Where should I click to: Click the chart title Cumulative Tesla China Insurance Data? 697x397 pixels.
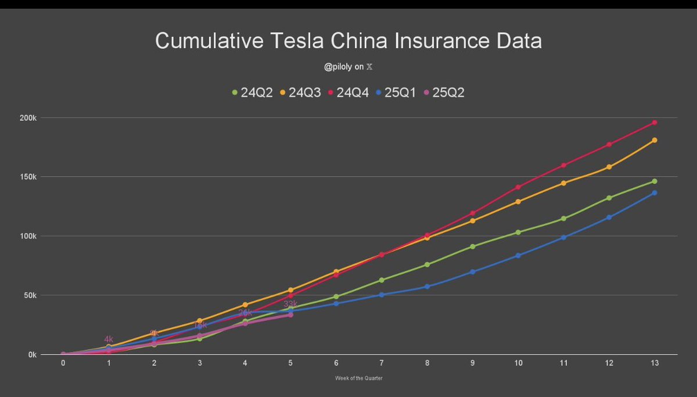click(348, 41)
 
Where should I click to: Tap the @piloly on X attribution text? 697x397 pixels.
click(348, 67)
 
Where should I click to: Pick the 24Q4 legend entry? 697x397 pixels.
click(348, 92)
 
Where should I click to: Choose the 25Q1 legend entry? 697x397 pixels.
click(396, 92)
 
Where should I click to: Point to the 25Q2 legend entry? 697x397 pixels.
click(443, 92)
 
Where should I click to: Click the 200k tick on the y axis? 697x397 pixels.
click(28, 118)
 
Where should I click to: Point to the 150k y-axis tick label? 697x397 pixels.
click(28, 177)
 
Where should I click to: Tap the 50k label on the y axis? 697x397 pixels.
click(29, 295)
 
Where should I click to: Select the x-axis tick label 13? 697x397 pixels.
click(654, 363)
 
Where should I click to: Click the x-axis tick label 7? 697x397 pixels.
click(382, 363)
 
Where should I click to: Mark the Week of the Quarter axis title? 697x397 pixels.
click(358, 378)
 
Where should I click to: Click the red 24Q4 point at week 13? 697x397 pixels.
click(655, 123)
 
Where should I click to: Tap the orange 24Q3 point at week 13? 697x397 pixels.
click(655, 140)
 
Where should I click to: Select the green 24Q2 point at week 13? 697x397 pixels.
click(655, 181)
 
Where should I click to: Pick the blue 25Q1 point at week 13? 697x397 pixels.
click(655, 192)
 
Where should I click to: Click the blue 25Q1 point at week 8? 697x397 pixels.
click(427, 287)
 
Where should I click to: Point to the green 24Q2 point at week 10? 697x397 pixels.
click(518, 233)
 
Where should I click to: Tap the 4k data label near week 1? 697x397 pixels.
click(109, 339)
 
